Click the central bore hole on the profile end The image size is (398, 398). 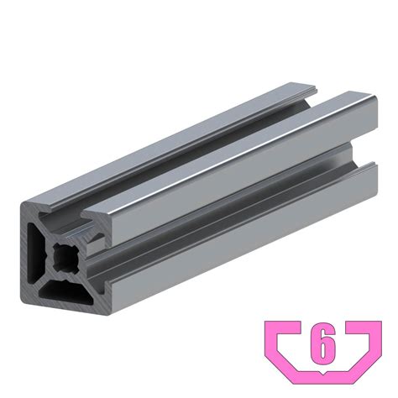[x=65, y=258]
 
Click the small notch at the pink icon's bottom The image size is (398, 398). [x=323, y=373]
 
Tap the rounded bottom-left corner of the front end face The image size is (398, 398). [x=23, y=297]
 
